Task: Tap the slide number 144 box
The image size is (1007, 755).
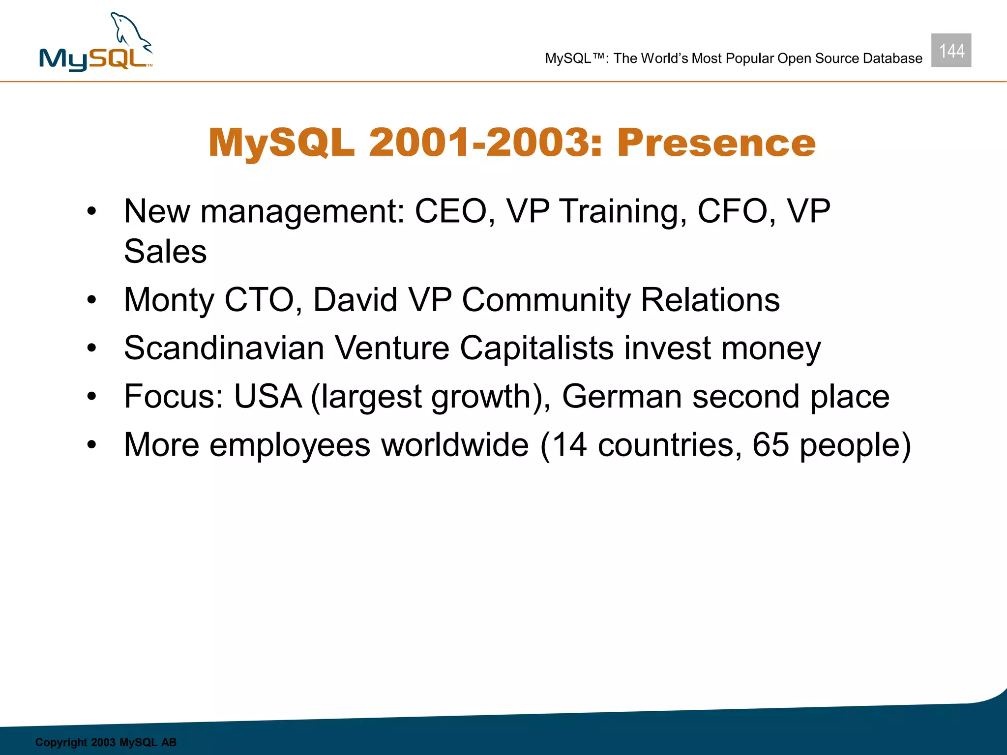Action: coord(951,50)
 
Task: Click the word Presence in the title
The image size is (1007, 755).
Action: coord(716,143)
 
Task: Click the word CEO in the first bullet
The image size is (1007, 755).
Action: coord(450,211)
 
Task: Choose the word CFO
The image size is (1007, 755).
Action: coord(733,211)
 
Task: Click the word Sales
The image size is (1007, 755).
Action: coord(165,252)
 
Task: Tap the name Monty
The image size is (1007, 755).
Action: coord(168,300)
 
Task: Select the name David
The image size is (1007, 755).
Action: coord(355,300)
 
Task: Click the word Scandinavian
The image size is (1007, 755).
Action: coord(224,348)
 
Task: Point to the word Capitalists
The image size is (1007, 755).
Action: coord(536,348)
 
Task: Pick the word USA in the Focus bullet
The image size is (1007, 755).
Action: coord(267,396)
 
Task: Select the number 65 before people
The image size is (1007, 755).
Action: coord(770,445)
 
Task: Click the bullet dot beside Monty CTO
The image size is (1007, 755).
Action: coord(91,300)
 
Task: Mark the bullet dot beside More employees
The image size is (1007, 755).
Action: coord(91,445)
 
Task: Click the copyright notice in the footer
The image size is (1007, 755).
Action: coord(106,742)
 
